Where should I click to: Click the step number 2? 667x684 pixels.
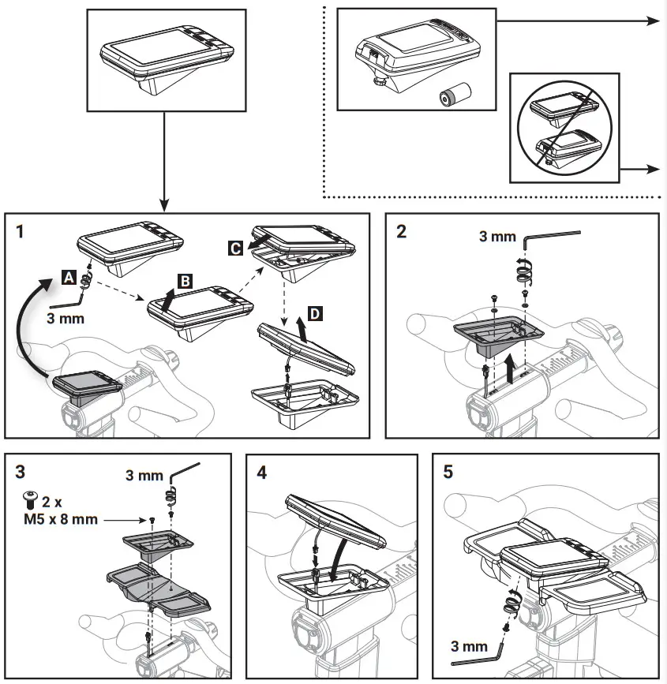402,233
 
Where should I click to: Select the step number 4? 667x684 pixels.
262,473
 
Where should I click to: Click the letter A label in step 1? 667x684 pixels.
69,276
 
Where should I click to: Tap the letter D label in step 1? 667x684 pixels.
316,314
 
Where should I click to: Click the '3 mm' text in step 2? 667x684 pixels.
497,236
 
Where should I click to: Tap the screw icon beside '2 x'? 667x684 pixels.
31,497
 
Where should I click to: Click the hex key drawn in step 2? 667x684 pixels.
553,237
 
